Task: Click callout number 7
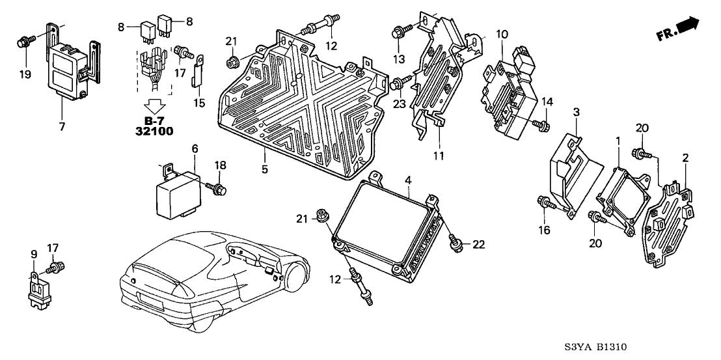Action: click(62, 126)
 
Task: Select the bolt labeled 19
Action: click(23, 43)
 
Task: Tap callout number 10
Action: click(501, 33)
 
